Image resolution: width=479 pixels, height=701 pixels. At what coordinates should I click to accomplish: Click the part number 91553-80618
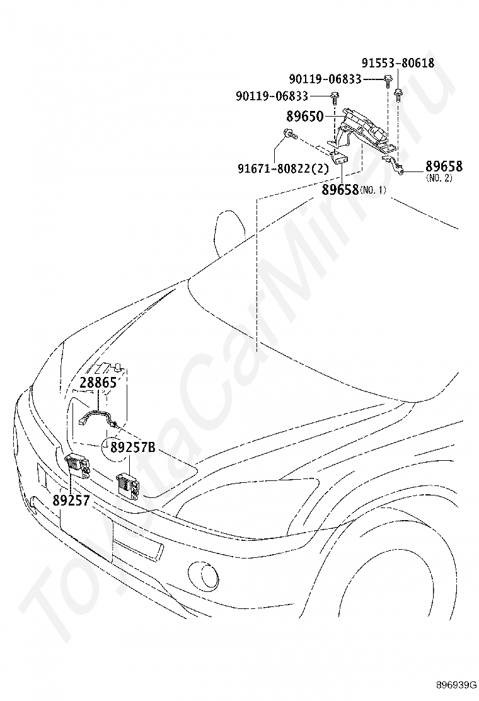398,63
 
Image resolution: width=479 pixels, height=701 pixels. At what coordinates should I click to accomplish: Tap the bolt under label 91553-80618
398,95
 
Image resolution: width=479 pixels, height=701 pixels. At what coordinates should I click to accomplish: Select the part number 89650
304,117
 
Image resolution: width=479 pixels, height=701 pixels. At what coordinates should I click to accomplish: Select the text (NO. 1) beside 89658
372,190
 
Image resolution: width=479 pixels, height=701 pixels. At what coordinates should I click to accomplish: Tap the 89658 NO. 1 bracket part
340,158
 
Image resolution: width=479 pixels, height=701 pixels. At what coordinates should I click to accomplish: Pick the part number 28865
98,383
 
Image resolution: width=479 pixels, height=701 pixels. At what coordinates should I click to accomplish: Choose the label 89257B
132,448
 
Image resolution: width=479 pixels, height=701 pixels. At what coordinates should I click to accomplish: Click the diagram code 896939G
455,685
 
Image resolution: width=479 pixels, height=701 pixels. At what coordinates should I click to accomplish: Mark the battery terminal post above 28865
118,366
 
